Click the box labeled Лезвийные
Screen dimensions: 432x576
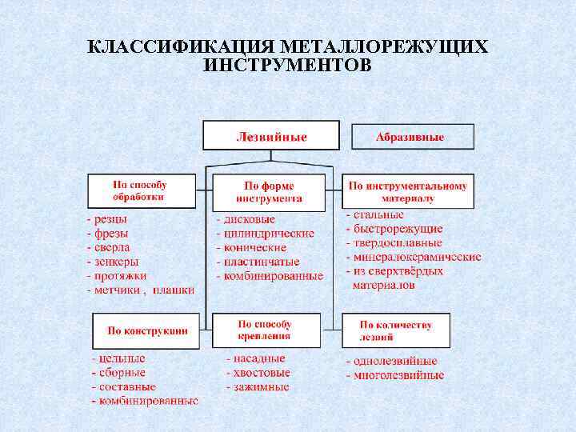[270, 136]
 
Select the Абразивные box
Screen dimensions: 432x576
[412, 137]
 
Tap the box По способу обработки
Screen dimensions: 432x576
[140, 190]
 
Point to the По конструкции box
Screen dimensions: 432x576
[146, 330]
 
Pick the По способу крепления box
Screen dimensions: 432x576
[265, 330]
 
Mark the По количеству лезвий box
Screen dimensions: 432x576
[395, 330]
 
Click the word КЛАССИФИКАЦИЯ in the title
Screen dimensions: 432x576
[178, 47]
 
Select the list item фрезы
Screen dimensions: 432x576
[111, 233]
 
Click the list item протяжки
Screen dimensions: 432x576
[118, 276]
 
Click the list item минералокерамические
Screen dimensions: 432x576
[417, 258]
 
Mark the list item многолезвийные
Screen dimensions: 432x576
[398, 375]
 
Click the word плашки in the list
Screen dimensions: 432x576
[174, 290]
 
